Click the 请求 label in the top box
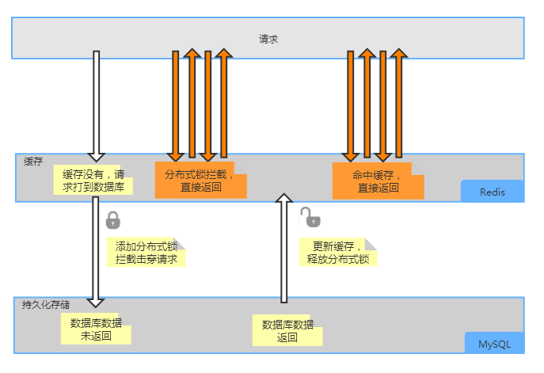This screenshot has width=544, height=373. point(268,38)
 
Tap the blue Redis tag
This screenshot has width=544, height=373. point(493,192)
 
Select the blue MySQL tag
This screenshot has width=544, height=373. point(494,344)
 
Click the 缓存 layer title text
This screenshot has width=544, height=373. point(33,162)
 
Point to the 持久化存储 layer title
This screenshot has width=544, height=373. point(46,304)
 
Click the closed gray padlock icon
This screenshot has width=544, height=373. point(113,219)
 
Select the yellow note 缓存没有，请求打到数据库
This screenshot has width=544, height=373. point(93,181)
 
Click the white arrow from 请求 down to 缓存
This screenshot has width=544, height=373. point(96,103)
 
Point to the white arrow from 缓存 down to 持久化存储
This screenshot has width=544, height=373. point(96,249)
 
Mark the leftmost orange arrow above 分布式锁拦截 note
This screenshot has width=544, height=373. point(176,103)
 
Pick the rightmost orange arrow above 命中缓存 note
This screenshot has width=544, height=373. point(400,103)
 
